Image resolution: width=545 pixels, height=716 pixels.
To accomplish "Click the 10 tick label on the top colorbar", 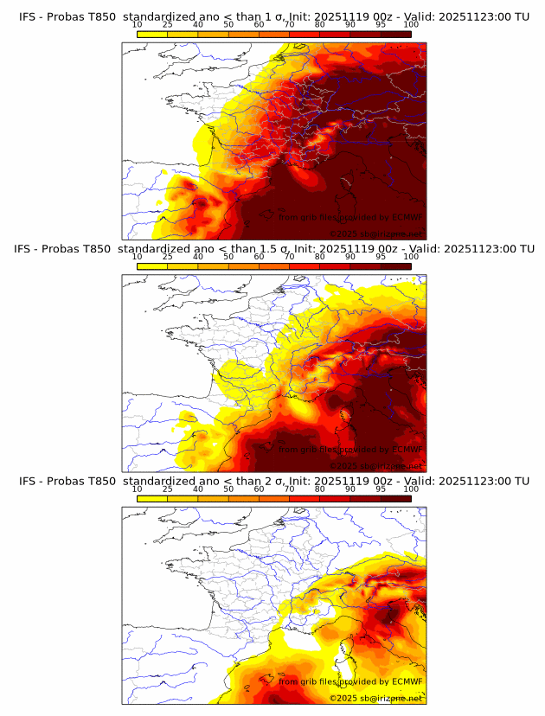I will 137,24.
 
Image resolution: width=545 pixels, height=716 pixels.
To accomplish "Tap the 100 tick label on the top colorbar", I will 411,24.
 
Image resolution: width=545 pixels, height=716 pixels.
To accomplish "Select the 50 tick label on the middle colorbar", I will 228,256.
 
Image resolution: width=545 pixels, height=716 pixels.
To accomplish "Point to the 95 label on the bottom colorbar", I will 381,489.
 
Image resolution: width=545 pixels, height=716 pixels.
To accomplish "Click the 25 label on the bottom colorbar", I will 168,489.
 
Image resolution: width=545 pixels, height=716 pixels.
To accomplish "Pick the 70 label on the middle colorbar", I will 289,256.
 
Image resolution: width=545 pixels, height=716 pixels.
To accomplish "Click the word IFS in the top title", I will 28,16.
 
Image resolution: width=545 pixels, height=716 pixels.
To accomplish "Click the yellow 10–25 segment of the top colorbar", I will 152,34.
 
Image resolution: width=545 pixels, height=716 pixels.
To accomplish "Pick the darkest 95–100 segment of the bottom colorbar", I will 396,498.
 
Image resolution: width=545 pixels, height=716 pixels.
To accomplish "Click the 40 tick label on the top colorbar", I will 198,24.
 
